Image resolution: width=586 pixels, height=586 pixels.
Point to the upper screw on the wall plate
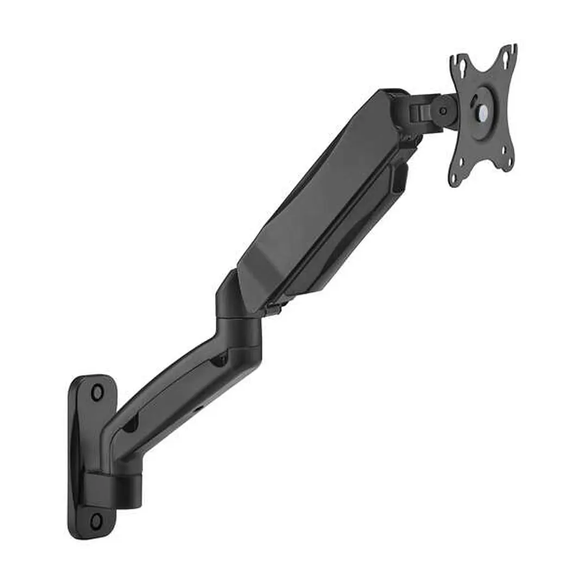97,392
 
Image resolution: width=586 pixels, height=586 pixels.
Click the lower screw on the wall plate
96,521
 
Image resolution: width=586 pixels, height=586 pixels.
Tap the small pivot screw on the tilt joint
444,111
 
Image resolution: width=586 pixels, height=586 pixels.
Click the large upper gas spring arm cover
320,196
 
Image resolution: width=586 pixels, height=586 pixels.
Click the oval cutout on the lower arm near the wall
130,426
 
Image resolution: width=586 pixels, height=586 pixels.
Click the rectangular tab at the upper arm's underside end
399,179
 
